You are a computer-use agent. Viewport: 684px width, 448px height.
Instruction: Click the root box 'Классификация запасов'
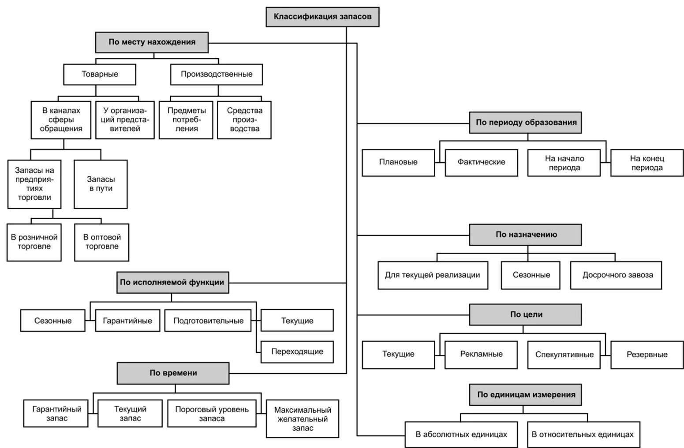pos(322,17)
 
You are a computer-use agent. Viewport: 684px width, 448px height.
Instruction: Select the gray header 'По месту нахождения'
pos(152,42)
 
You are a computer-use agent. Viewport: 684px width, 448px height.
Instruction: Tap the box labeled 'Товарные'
pos(100,74)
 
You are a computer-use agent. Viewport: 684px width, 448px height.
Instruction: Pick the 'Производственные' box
pos(217,74)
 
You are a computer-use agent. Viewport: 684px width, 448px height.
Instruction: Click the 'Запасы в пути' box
pos(101,184)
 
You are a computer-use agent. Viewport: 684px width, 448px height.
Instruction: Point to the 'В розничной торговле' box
pos(34,242)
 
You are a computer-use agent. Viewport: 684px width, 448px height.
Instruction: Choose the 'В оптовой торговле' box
pos(102,242)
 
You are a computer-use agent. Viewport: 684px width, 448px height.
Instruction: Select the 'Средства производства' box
pos(244,120)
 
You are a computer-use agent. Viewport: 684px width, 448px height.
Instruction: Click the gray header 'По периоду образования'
pos(526,123)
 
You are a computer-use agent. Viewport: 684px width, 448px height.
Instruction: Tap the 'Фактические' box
pos(481,162)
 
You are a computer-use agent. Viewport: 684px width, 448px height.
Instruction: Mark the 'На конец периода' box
pos(647,162)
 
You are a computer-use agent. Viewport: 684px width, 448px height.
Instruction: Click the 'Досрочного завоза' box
pos(616,275)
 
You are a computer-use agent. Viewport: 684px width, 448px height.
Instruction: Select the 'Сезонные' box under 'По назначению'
pos(531,275)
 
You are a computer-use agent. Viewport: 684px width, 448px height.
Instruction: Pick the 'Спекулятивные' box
pos(564,355)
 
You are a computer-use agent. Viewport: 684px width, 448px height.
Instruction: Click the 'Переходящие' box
pos(297,352)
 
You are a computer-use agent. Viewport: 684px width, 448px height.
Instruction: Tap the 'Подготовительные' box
pos(208,321)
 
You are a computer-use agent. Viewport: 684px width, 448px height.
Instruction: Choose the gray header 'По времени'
pos(173,373)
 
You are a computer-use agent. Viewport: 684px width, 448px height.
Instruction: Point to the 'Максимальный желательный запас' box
pos(303,419)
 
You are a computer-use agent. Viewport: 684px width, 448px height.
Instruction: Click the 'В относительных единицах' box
pos(583,435)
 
